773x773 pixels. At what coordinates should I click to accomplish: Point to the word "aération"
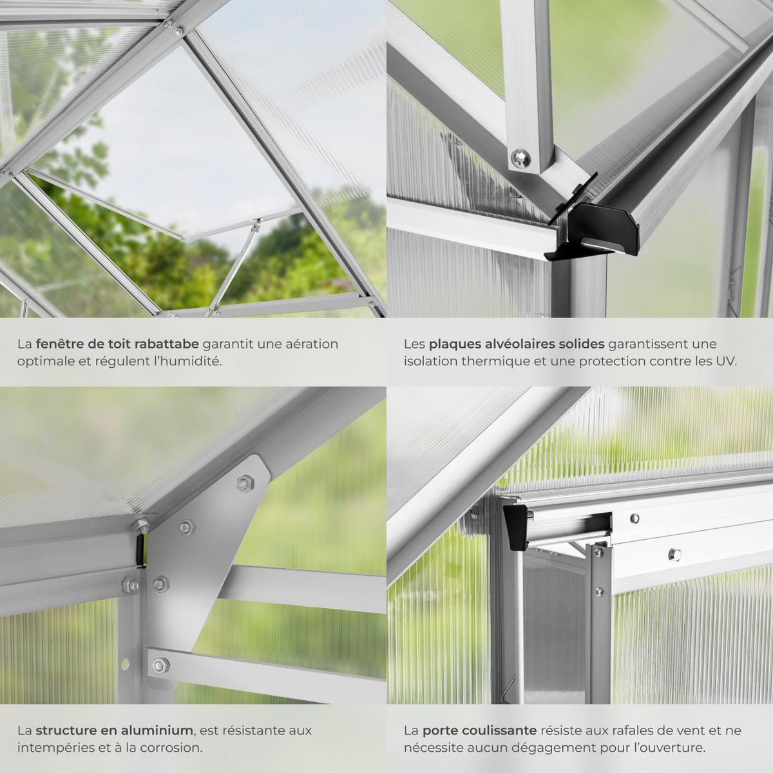coord(312,344)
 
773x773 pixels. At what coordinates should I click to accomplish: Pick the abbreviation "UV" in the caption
coord(727,361)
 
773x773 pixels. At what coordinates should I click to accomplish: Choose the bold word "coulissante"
coord(502,730)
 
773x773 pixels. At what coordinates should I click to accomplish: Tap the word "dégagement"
coord(583,747)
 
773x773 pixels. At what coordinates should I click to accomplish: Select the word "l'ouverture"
coord(671,747)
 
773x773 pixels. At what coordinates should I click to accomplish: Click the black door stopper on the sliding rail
coord(515,526)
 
